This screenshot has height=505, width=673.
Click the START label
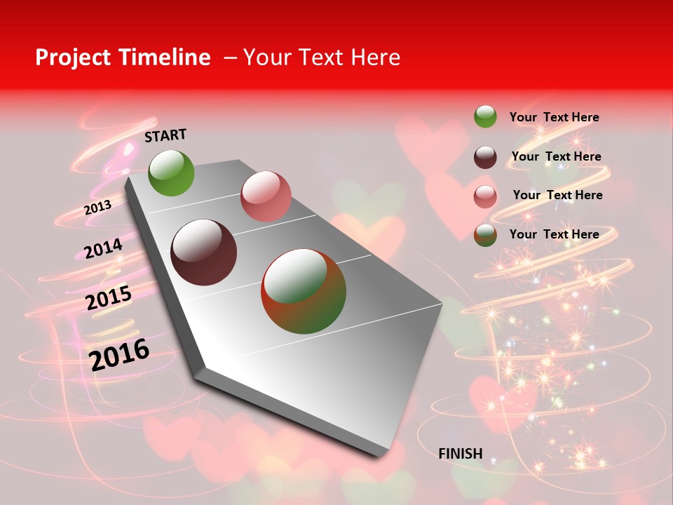165,135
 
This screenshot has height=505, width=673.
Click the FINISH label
461,454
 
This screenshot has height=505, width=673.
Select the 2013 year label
97,208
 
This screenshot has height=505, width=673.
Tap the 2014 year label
103,249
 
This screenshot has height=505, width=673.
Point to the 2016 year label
119,354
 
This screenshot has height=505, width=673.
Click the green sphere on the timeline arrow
171,173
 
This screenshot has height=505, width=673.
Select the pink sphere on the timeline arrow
266,196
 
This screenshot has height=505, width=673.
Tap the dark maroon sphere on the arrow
204,252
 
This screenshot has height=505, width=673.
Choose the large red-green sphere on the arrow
304,291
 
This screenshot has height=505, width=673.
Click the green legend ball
485,117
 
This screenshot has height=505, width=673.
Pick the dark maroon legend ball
485,157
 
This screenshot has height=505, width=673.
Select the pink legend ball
485,196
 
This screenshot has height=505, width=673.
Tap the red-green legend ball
485,235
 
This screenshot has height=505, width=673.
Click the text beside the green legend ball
554,117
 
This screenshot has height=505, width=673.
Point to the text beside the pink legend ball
557,195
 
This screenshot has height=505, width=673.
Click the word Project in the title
72,58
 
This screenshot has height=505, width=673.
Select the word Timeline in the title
167,58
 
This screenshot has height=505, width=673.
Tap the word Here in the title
375,58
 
